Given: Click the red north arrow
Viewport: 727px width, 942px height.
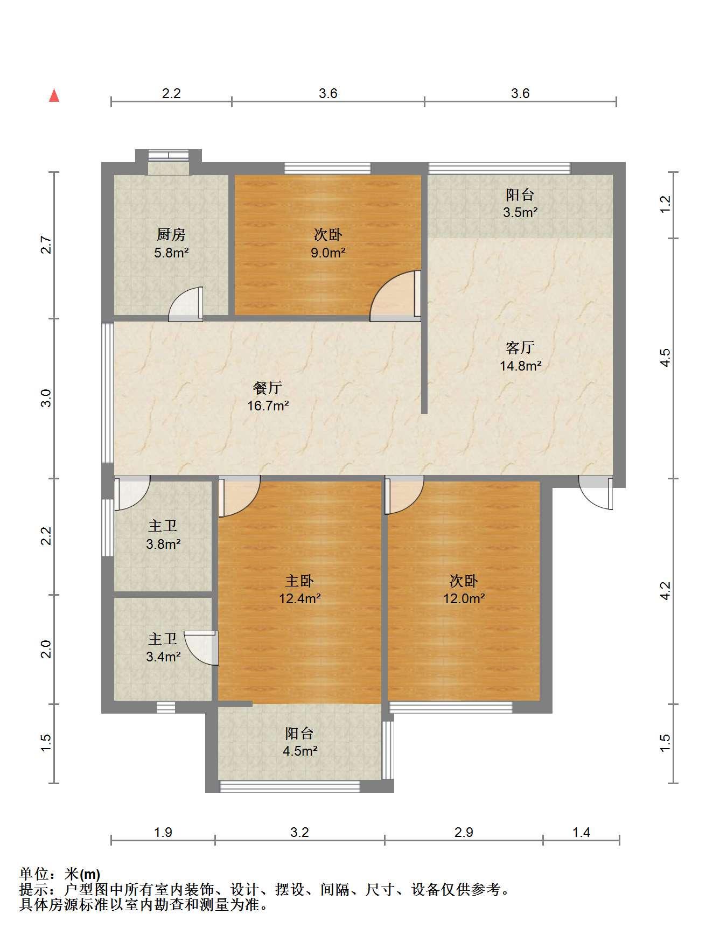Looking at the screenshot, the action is click(x=54, y=96).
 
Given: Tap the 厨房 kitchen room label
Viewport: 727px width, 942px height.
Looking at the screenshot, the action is click(x=171, y=234).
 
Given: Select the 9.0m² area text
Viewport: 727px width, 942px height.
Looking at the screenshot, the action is click(x=328, y=252).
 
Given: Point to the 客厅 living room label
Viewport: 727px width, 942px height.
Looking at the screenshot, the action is click(x=520, y=347).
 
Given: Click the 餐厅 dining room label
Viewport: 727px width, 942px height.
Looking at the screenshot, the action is click(x=268, y=388).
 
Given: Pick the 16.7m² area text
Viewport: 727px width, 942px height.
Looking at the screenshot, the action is click(x=268, y=406).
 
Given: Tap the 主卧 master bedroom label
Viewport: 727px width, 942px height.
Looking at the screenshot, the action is click(x=299, y=581).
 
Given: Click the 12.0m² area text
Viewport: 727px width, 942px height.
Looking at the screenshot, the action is click(x=464, y=598).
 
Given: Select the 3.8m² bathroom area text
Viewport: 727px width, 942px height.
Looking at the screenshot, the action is click(x=163, y=544).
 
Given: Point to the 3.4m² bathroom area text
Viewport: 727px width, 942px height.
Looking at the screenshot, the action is click(x=163, y=657).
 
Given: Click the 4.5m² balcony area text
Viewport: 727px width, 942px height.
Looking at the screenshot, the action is click(x=300, y=750).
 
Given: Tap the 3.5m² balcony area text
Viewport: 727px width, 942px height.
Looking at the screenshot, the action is click(x=520, y=212).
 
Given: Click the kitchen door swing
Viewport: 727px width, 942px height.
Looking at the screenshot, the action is click(x=186, y=304).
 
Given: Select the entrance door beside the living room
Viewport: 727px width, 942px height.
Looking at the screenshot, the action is click(x=596, y=492).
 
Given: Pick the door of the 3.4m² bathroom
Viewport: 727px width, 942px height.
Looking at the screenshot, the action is click(x=201, y=648).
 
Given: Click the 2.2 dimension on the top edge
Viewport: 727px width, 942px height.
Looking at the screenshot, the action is click(x=171, y=93).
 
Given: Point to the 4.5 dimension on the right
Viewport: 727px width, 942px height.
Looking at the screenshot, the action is click(x=665, y=358).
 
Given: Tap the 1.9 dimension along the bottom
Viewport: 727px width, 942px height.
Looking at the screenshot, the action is click(x=163, y=832).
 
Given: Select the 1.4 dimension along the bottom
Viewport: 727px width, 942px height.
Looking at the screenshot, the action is click(x=581, y=832).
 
